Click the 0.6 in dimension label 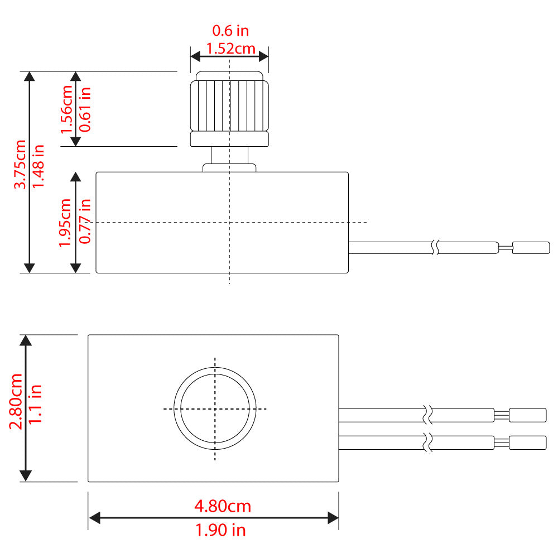(x=230, y=30)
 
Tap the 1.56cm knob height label (x=67, y=109)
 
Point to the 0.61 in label (x=85, y=109)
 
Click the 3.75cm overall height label (x=21, y=165)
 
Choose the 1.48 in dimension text (x=38, y=166)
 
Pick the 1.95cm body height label (x=66, y=222)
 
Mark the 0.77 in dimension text (x=85, y=222)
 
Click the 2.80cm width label (x=17, y=401)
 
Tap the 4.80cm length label (x=222, y=506)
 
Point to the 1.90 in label (x=220, y=530)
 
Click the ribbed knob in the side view (x=229, y=103)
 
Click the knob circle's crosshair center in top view (x=215, y=409)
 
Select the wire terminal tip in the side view (x=531, y=247)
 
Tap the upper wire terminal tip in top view (x=527, y=415)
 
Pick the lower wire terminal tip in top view (x=527, y=442)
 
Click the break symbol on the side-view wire (x=434, y=247)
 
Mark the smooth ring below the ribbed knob (x=229, y=139)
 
